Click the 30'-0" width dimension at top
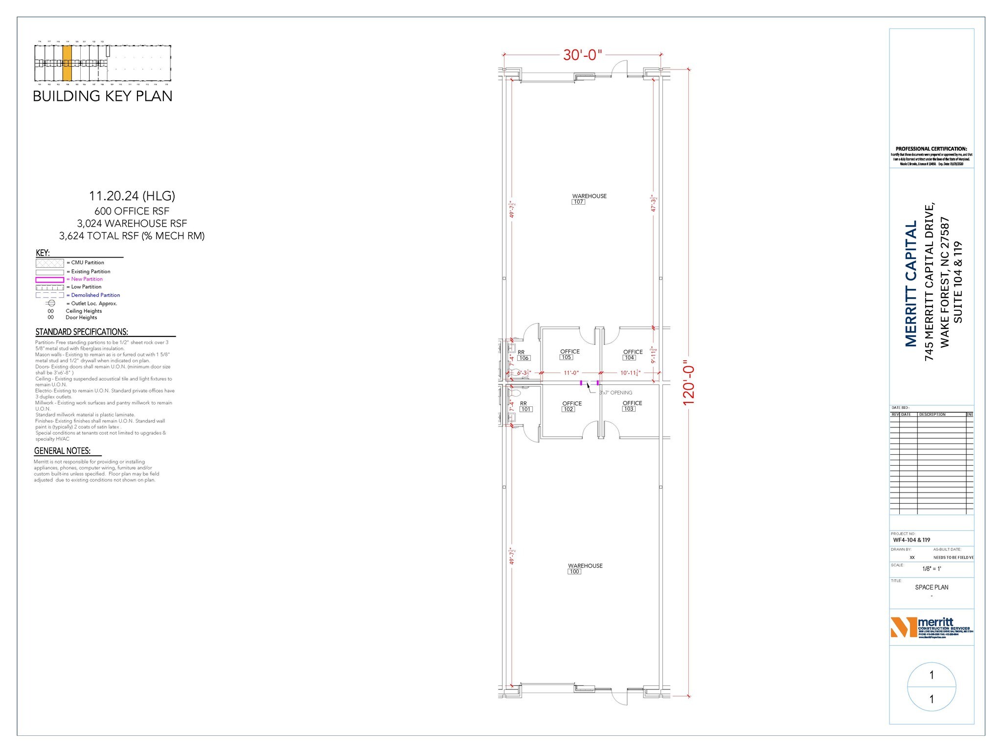(x=582, y=55)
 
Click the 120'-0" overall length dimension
(x=689, y=385)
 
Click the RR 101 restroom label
(x=524, y=406)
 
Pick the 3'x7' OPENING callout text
(x=615, y=393)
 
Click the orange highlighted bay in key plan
(x=68, y=63)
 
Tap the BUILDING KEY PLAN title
(x=102, y=96)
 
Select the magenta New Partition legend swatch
(x=49, y=280)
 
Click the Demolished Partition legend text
(x=95, y=295)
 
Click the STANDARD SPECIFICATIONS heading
(x=82, y=332)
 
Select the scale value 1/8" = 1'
(x=932, y=569)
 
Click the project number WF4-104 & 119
(x=911, y=540)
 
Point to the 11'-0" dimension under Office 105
(x=571, y=373)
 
